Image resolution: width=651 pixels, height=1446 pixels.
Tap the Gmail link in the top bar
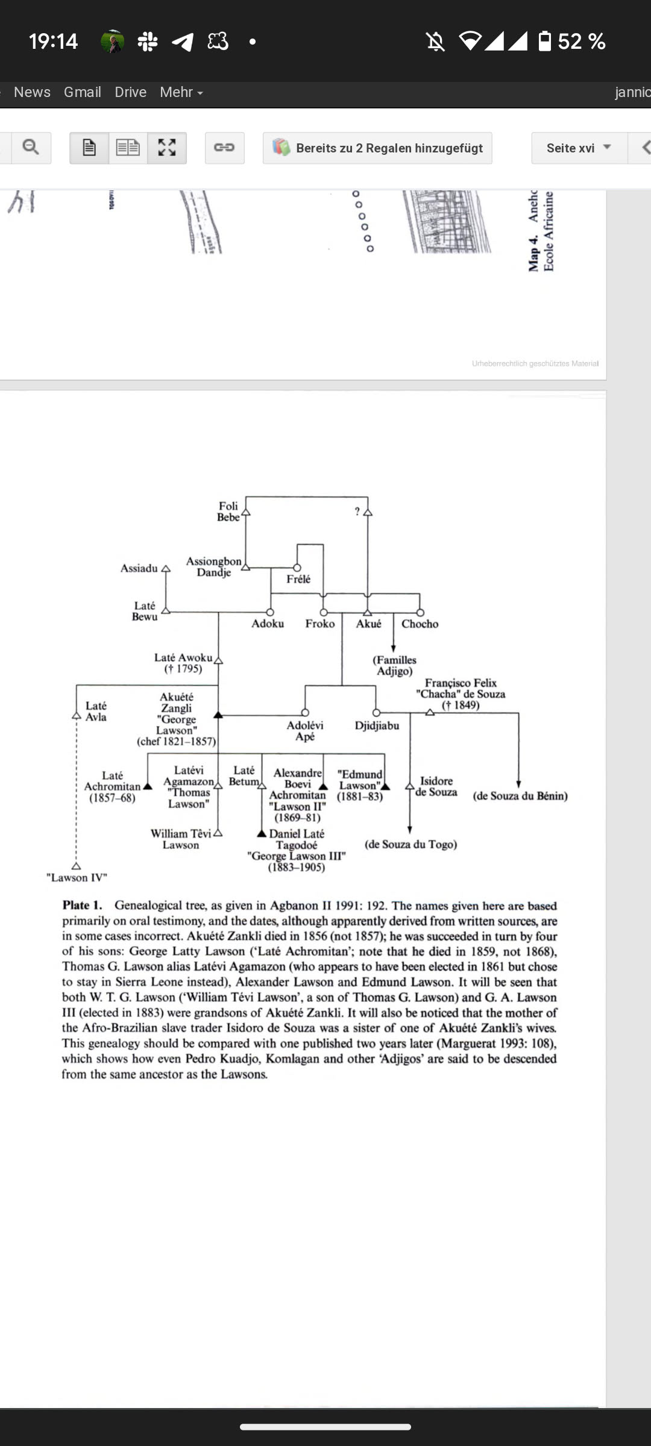(x=82, y=92)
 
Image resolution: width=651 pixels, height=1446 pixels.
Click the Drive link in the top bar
(x=130, y=92)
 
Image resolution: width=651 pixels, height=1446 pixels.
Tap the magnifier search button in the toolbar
(x=30, y=148)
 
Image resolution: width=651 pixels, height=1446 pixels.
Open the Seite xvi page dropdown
(x=579, y=148)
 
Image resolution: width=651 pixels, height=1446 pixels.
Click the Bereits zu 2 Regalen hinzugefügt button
(x=377, y=148)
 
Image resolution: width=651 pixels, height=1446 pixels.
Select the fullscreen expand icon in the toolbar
(x=167, y=148)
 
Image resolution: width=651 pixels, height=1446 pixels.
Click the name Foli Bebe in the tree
(x=228, y=512)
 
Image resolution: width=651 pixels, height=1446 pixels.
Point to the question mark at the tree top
(x=357, y=512)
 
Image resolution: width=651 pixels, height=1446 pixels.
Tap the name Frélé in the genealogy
(x=298, y=579)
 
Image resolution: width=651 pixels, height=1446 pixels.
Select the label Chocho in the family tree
(x=420, y=624)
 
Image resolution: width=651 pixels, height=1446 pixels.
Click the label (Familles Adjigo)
(x=395, y=665)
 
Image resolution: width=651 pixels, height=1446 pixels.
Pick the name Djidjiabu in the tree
(x=377, y=725)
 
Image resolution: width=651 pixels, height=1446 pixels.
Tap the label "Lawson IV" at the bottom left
(x=77, y=877)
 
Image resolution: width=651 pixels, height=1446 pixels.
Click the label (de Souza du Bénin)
(x=520, y=796)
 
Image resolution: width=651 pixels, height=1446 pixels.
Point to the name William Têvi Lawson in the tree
(x=181, y=839)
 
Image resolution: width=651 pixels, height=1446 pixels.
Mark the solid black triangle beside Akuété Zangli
(x=218, y=715)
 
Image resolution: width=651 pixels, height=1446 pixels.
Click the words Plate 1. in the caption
(x=82, y=905)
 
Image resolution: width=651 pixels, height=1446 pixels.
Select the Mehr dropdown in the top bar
(x=181, y=92)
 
